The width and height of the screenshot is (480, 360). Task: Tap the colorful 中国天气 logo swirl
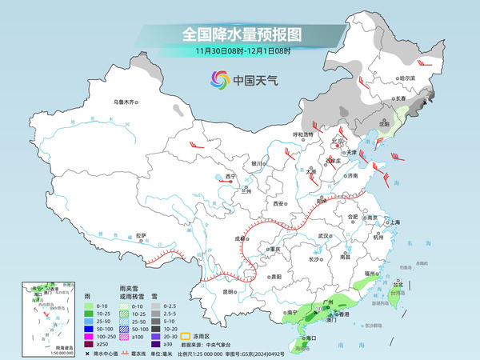coord(219,79)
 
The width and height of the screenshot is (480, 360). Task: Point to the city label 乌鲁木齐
coord(125,102)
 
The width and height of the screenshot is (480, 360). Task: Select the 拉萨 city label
coord(141,235)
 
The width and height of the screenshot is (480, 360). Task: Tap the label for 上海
coord(394,222)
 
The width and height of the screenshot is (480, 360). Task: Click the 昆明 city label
coord(229,292)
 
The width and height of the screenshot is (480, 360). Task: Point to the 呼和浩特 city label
coord(303,134)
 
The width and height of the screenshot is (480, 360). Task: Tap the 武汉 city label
coord(324,236)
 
